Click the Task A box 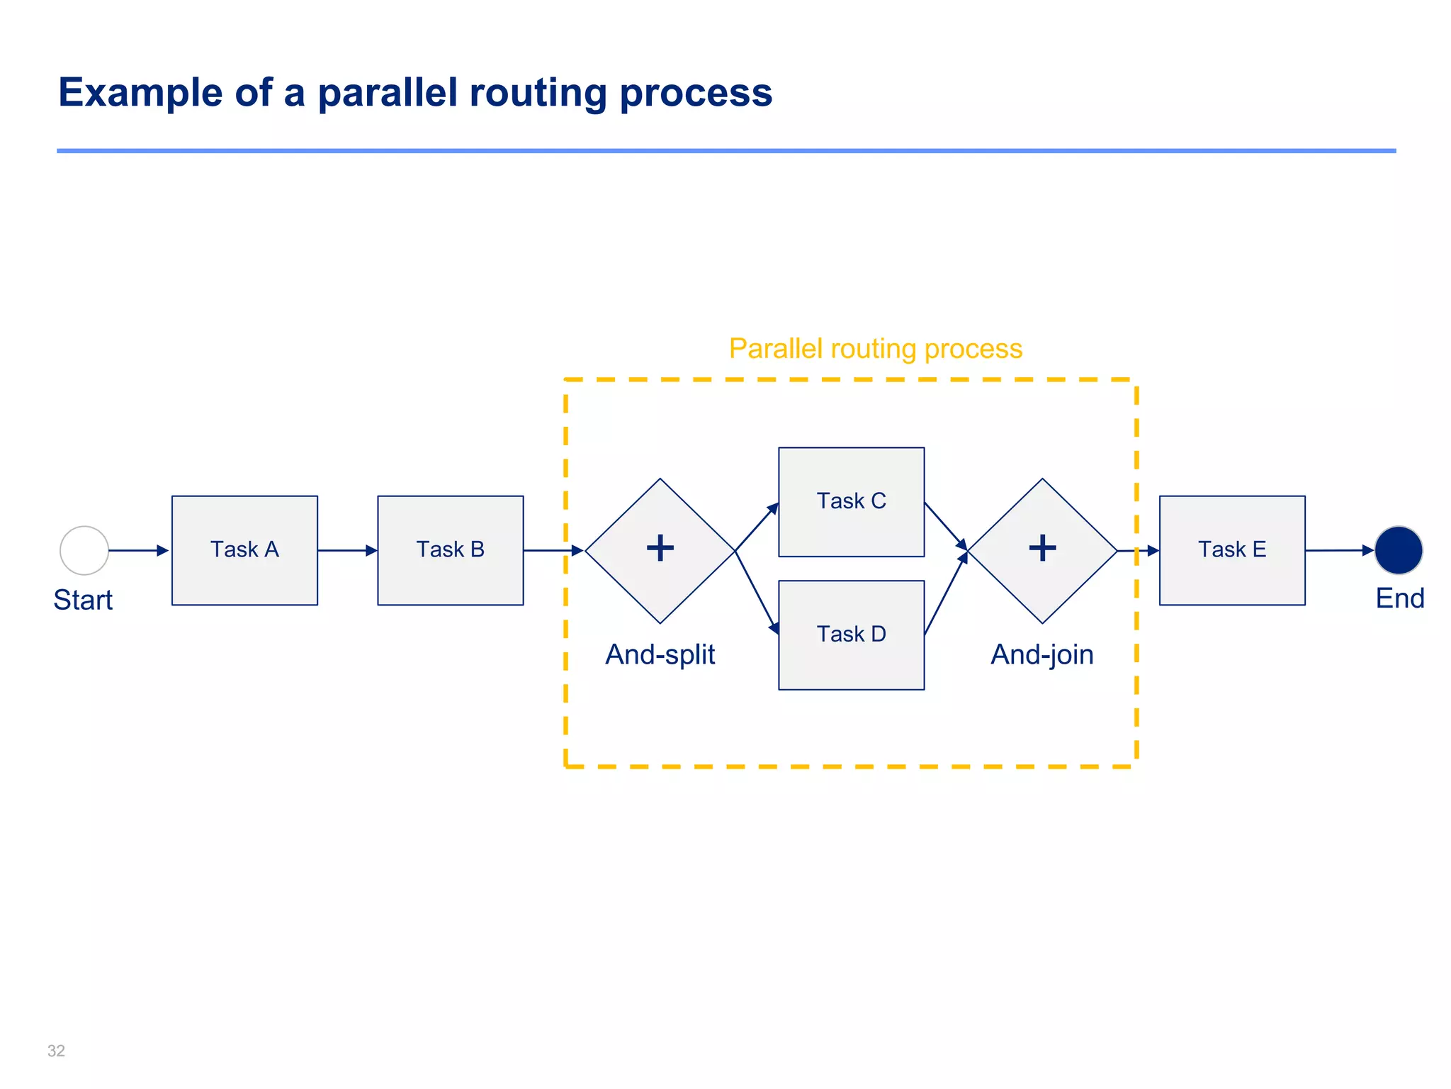coord(244,550)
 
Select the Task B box coord(450,550)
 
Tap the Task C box coord(851,502)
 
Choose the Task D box coord(851,635)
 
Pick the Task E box coord(1231,550)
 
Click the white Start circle coord(84,550)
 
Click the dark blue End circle coord(1398,550)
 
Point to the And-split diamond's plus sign coord(660,548)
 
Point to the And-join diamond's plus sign coord(1042,548)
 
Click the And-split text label coord(660,654)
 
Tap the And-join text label coord(1041,654)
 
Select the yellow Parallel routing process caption coord(876,349)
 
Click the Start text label coord(83,600)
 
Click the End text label coord(1399,598)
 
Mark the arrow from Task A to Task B coord(347,550)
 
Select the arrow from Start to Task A coord(139,550)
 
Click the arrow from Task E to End coord(1339,550)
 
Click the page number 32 coord(56,1051)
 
